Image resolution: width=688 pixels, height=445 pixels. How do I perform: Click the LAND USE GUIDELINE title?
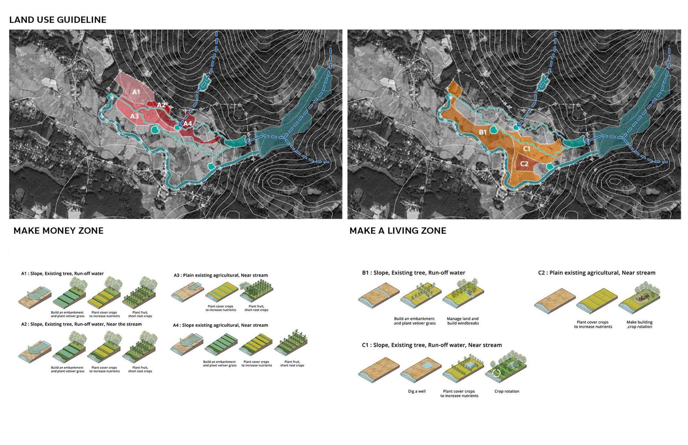coord(58,20)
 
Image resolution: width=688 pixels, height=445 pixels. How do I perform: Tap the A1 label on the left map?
coord(136,92)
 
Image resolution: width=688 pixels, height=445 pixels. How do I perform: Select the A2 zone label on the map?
coord(161,105)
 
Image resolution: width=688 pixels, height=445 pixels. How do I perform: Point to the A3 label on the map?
coord(134,116)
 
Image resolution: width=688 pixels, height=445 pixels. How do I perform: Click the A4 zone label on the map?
coord(188,124)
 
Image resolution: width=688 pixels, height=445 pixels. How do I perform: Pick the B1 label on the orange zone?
coord(482,132)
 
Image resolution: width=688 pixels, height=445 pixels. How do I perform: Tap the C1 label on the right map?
coord(526,149)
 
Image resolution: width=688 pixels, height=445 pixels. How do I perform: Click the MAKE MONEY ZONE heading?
coord(58,231)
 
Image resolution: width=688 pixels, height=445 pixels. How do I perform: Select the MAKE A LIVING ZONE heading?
coord(398,231)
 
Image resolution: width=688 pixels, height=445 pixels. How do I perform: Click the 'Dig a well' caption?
coord(417,391)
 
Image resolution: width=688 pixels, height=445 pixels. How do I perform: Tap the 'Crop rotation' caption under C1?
coord(507,391)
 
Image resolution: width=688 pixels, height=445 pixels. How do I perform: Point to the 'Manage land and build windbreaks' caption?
coord(463,321)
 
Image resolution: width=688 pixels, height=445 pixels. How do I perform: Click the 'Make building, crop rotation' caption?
coord(639,324)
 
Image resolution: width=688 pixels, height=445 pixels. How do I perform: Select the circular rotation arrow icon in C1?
coord(497,373)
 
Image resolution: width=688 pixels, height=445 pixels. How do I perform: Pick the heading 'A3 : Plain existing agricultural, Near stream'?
coord(221,275)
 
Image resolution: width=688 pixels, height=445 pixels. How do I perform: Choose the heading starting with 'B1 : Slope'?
coord(413,272)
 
